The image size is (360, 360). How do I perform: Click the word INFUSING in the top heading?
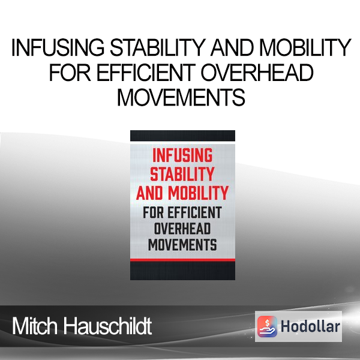58,47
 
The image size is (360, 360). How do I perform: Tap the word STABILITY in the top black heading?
158,47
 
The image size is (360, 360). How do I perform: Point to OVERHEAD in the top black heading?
257,73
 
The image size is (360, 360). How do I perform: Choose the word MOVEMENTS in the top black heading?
181,98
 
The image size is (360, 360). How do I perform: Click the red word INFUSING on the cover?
182,155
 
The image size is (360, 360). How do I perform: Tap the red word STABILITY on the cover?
182,174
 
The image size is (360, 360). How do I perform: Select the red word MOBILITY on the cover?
198,193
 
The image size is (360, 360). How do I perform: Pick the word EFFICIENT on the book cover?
194,212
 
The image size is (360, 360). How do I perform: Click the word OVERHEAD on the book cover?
182,229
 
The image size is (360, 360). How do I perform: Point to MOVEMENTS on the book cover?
182,245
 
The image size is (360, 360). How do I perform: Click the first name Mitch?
35,326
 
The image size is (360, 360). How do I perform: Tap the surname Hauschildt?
107,326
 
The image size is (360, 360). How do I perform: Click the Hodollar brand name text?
310,326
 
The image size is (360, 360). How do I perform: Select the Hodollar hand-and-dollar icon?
267,326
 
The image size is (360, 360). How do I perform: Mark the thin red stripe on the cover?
182,260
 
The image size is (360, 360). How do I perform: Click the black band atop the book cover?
182,136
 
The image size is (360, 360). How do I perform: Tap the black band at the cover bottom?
182,271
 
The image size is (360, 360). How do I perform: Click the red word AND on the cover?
149,193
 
